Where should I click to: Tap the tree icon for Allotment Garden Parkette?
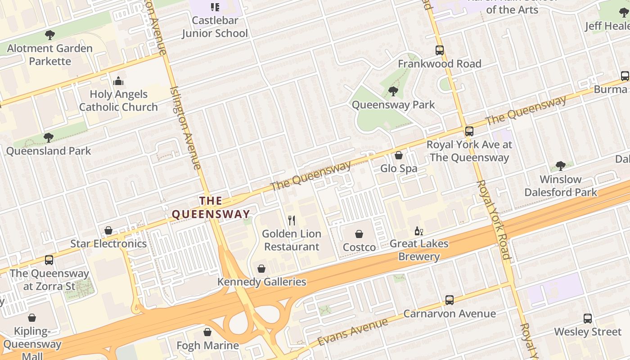[50, 35]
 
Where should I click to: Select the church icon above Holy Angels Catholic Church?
[118, 81]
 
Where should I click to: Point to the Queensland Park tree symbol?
[49, 138]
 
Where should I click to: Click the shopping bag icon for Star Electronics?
[108, 230]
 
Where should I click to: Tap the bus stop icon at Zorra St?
[49, 260]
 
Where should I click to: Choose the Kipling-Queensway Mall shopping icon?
[32, 318]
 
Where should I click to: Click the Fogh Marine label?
[207, 346]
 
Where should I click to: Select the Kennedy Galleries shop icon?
[261, 269]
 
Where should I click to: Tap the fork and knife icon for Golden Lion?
[292, 220]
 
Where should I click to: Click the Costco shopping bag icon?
[359, 234]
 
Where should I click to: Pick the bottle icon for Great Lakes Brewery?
[418, 231]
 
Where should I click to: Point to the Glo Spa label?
[399, 169]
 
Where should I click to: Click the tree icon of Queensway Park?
[393, 91]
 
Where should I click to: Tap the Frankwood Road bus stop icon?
[440, 50]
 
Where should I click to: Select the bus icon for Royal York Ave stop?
[469, 131]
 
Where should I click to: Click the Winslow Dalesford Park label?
[560, 186]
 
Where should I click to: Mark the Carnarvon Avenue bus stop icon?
[449, 300]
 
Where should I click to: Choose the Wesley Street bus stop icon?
[588, 319]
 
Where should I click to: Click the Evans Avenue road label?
[352, 332]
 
